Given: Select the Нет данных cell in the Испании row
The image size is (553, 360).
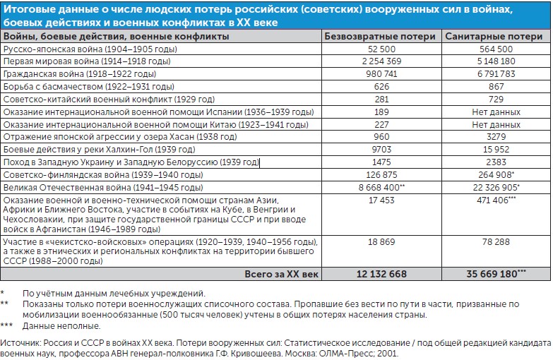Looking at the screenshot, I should click(x=495, y=112).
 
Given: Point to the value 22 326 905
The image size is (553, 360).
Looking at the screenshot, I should click(x=492, y=188).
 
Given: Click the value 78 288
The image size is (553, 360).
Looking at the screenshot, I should click(x=495, y=241).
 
